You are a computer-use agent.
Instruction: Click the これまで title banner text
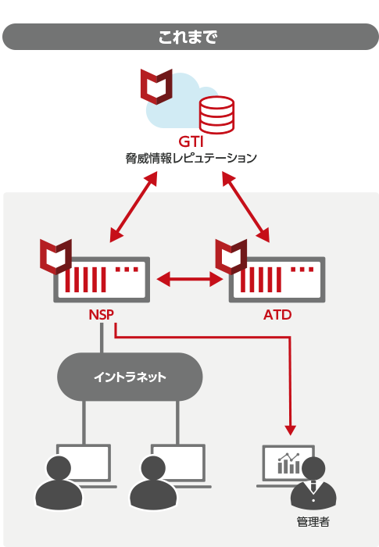point(188,37)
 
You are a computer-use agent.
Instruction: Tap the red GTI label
point(191,141)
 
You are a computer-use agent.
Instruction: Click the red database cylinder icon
point(216,115)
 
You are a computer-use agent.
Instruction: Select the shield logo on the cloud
point(156,87)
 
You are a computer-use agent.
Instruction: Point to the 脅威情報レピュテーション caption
point(191,159)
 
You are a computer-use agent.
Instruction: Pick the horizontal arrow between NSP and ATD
point(190,280)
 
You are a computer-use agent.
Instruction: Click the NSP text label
point(102,315)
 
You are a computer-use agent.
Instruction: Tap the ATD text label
point(277,315)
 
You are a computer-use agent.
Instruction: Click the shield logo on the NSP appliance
point(55,257)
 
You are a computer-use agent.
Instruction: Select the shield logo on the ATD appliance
point(231,257)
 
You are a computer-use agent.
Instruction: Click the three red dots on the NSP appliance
point(127,270)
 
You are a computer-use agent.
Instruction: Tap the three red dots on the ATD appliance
point(302,270)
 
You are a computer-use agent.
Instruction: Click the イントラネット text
point(130,377)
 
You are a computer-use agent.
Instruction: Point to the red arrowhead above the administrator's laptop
point(291,430)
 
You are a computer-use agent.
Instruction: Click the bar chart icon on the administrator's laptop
point(288,463)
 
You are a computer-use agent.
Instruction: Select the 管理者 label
point(313,522)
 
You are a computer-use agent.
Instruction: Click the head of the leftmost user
point(59,468)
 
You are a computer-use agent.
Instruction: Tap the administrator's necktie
point(313,486)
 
